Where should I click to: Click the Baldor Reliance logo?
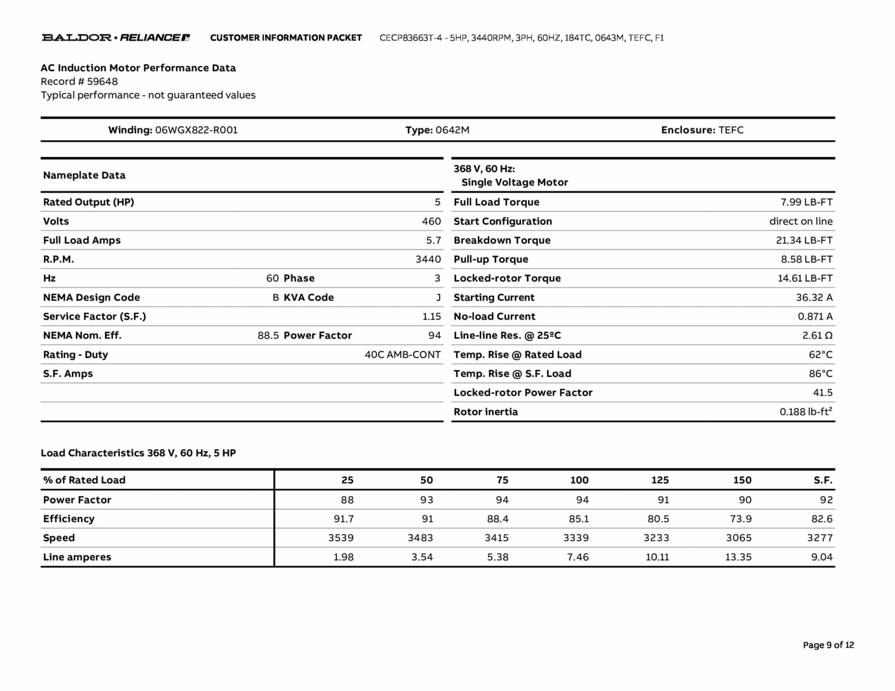tap(116, 38)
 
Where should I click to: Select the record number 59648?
tap(102, 82)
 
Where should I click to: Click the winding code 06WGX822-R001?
tap(196, 130)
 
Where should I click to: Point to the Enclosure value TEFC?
tap(731, 130)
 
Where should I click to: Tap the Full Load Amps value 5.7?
tap(433, 240)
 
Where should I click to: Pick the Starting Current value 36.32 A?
tap(814, 297)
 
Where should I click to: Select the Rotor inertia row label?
tap(486, 412)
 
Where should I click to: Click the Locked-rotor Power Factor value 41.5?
tap(822, 393)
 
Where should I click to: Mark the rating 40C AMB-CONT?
tap(402, 355)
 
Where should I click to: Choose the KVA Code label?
tap(309, 297)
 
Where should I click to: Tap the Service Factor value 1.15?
tap(431, 317)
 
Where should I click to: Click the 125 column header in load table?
tap(659, 480)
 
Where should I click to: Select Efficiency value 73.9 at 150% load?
tap(740, 519)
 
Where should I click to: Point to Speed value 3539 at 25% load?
tap(341, 538)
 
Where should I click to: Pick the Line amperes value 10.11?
tap(657, 557)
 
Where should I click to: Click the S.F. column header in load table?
tap(822, 480)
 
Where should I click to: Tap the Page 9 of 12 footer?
tap(828, 645)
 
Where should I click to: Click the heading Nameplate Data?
tap(84, 176)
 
